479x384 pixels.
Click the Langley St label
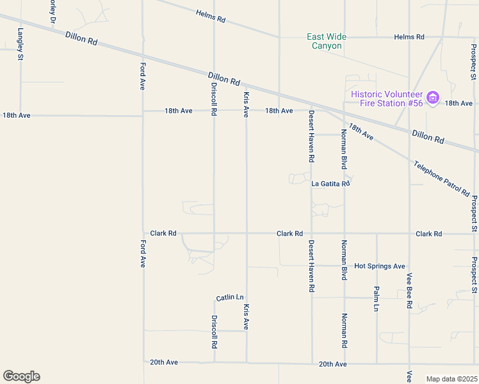pos(20,44)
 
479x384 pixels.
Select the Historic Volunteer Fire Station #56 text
pos(387,99)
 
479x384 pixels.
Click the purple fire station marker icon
pos(433,98)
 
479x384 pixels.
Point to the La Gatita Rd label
pos(330,184)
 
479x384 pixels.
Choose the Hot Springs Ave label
pos(380,266)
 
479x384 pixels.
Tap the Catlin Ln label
pos(230,298)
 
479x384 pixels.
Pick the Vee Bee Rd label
pos(409,291)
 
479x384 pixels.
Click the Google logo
pos(21,376)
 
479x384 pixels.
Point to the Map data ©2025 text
pos(451,378)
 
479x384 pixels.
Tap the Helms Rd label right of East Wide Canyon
pos(409,37)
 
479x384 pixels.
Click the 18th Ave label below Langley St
pos(17,116)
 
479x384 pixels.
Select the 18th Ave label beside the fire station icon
pos(459,103)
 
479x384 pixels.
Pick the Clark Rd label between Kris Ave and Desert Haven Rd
pos(289,234)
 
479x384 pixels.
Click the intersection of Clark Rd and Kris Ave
pos(247,234)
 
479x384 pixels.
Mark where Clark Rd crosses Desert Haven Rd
pos(312,234)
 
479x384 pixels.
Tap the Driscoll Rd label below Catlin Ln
pos(215,331)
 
